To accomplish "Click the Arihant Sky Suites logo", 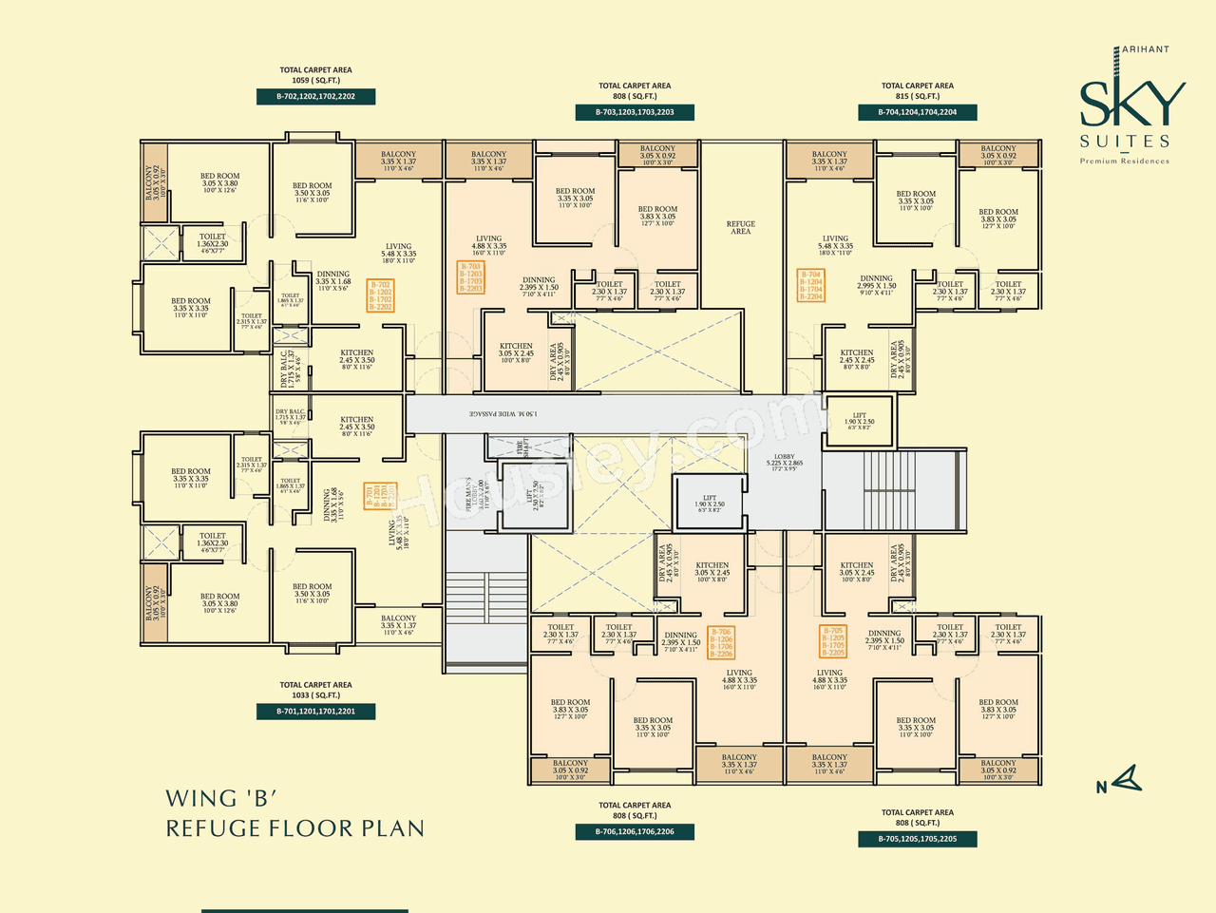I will (x=1130, y=105).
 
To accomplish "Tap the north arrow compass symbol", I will (x=1121, y=781).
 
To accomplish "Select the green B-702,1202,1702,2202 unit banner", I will (x=315, y=97).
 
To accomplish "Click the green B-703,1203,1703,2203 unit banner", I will (x=635, y=112).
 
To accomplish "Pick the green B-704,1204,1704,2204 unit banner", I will (x=917, y=112).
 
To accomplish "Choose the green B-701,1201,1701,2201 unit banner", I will (x=315, y=712).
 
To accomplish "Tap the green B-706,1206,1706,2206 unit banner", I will (x=635, y=832).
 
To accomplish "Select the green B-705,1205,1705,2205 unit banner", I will (x=917, y=839).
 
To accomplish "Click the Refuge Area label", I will (x=740, y=228).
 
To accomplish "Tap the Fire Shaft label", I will (x=520, y=447).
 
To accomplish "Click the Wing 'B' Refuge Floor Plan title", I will (x=294, y=813).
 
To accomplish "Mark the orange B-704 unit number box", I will (x=810, y=285).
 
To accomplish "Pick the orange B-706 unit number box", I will (x=721, y=643).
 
